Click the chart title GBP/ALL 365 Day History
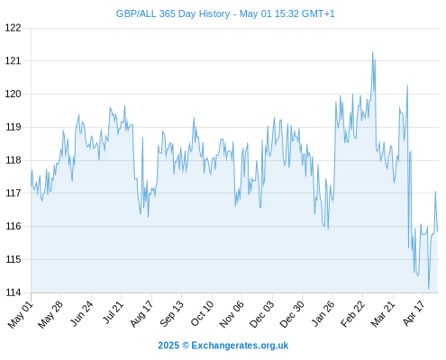point(173,13)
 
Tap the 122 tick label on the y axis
point(14,28)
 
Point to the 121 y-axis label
point(14,61)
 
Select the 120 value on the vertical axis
point(14,94)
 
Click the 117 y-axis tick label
point(14,193)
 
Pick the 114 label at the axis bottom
point(14,292)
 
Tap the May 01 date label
point(21,314)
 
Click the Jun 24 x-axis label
point(82,313)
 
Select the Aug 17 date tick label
point(141,313)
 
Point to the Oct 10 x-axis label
point(202,313)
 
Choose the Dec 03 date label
point(262,314)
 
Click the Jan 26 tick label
point(323,313)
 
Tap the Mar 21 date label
point(383,313)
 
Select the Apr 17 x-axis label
point(414,313)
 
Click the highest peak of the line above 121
point(373,51)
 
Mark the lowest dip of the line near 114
point(429,289)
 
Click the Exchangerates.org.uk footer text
point(240,346)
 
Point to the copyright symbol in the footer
point(186,346)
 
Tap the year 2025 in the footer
point(168,346)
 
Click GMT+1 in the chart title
point(318,13)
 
